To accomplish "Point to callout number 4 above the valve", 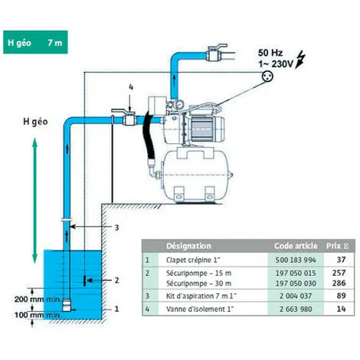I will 131,88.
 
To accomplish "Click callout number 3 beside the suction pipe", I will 116,227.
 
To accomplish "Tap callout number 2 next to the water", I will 116,280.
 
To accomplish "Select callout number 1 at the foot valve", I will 116,309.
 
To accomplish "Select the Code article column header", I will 294,247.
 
